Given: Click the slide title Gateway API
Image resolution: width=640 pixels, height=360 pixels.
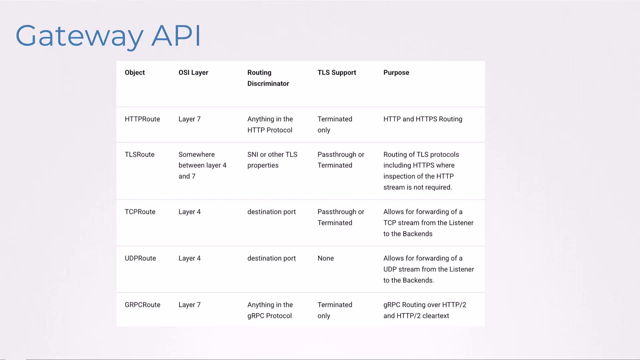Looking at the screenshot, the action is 108,36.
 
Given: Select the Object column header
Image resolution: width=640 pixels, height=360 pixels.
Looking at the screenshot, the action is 135,73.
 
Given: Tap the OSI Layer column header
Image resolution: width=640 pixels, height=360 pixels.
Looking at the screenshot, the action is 193,73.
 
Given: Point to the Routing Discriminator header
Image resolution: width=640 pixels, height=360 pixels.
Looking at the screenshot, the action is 268,78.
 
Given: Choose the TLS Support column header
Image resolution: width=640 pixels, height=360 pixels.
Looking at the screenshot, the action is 337,73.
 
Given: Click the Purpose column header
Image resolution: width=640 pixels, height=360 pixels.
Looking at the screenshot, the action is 396,73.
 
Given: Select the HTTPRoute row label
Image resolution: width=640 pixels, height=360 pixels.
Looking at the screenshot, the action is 142,119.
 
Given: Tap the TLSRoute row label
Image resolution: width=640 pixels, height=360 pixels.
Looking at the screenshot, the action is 140,154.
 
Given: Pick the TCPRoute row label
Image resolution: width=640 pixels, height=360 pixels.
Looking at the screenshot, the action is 140,212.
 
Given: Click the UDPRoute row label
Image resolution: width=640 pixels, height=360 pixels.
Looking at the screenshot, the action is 140,258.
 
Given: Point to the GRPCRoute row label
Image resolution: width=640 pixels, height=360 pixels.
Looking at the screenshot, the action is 143,305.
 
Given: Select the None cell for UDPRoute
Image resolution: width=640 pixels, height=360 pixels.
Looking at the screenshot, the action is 326,258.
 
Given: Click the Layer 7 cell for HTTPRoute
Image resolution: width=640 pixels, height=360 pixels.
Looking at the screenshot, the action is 190,119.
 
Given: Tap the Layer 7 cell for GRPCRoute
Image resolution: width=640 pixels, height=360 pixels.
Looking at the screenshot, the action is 190,305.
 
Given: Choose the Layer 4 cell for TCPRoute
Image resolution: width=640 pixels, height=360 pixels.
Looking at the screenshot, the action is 190,212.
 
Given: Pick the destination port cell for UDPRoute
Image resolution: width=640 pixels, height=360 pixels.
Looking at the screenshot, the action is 272,258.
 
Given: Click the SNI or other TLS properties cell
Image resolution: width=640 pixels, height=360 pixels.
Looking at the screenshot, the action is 272,160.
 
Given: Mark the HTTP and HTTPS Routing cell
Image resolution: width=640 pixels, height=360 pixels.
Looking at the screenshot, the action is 423,119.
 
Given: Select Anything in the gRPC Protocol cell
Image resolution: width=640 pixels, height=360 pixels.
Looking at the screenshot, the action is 270,310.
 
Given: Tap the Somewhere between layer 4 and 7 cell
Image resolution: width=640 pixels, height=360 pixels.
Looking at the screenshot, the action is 202,165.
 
